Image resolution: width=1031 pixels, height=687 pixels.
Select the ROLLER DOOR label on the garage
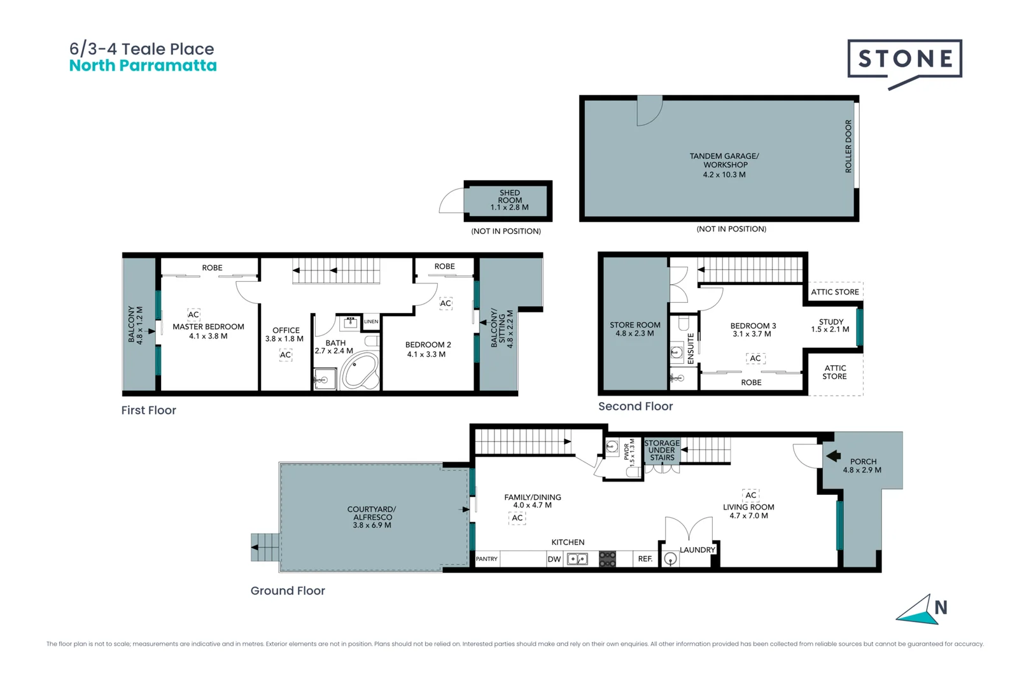[x=848, y=146]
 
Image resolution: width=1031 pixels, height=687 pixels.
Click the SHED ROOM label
[x=509, y=200]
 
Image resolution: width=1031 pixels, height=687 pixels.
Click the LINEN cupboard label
[x=371, y=322]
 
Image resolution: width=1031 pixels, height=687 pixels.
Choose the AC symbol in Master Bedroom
[x=193, y=314]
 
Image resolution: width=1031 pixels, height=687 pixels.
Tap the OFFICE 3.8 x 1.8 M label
[x=285, y=335]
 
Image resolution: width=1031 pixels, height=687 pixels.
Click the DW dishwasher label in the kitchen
[x=554, y=560]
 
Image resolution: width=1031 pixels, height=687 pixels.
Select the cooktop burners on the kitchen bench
[x=608, y=559]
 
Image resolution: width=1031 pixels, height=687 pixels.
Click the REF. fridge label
[x=645, y=559]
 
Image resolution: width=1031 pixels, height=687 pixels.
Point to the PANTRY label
[x=487, y=559]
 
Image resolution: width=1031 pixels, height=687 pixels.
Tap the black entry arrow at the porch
[x=832, y=455]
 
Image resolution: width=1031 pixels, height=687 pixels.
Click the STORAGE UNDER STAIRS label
[x=662, y=450]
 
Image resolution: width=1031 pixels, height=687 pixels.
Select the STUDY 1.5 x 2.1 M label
[x=831, y=326]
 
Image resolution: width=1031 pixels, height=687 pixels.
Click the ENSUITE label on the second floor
[x=691, y=349]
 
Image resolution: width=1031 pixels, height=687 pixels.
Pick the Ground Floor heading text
[x=288, y=591]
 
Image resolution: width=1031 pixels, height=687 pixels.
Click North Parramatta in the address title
[x=143, y=66]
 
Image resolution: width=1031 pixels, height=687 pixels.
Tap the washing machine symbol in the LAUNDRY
[x=670, y=559]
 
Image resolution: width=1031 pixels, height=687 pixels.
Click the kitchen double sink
[x=577, y=559]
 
